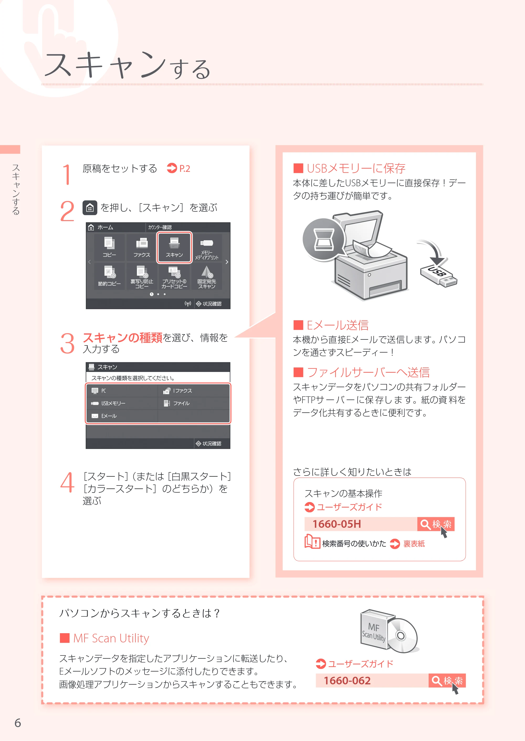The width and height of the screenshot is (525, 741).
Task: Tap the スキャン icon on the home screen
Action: click(x=175, y=247)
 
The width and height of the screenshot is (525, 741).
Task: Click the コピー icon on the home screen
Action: click(x=109, y=247)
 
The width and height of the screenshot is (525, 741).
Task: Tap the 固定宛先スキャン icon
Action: click(x=207, y=276)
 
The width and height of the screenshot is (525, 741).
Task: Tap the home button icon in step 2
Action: click(x=90, y=208)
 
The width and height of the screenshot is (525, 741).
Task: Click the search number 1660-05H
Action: click(x=337, y=524)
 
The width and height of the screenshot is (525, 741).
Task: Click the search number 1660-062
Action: click(x=347, y=681)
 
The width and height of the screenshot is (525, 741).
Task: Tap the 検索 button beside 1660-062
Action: click(x=447, y=681)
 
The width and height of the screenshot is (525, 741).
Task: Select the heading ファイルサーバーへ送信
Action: click(x=368, y=372)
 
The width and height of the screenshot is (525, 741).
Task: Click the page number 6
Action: click(x=18, y=723)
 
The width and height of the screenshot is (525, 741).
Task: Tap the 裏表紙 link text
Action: click(x=414, y=544)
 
